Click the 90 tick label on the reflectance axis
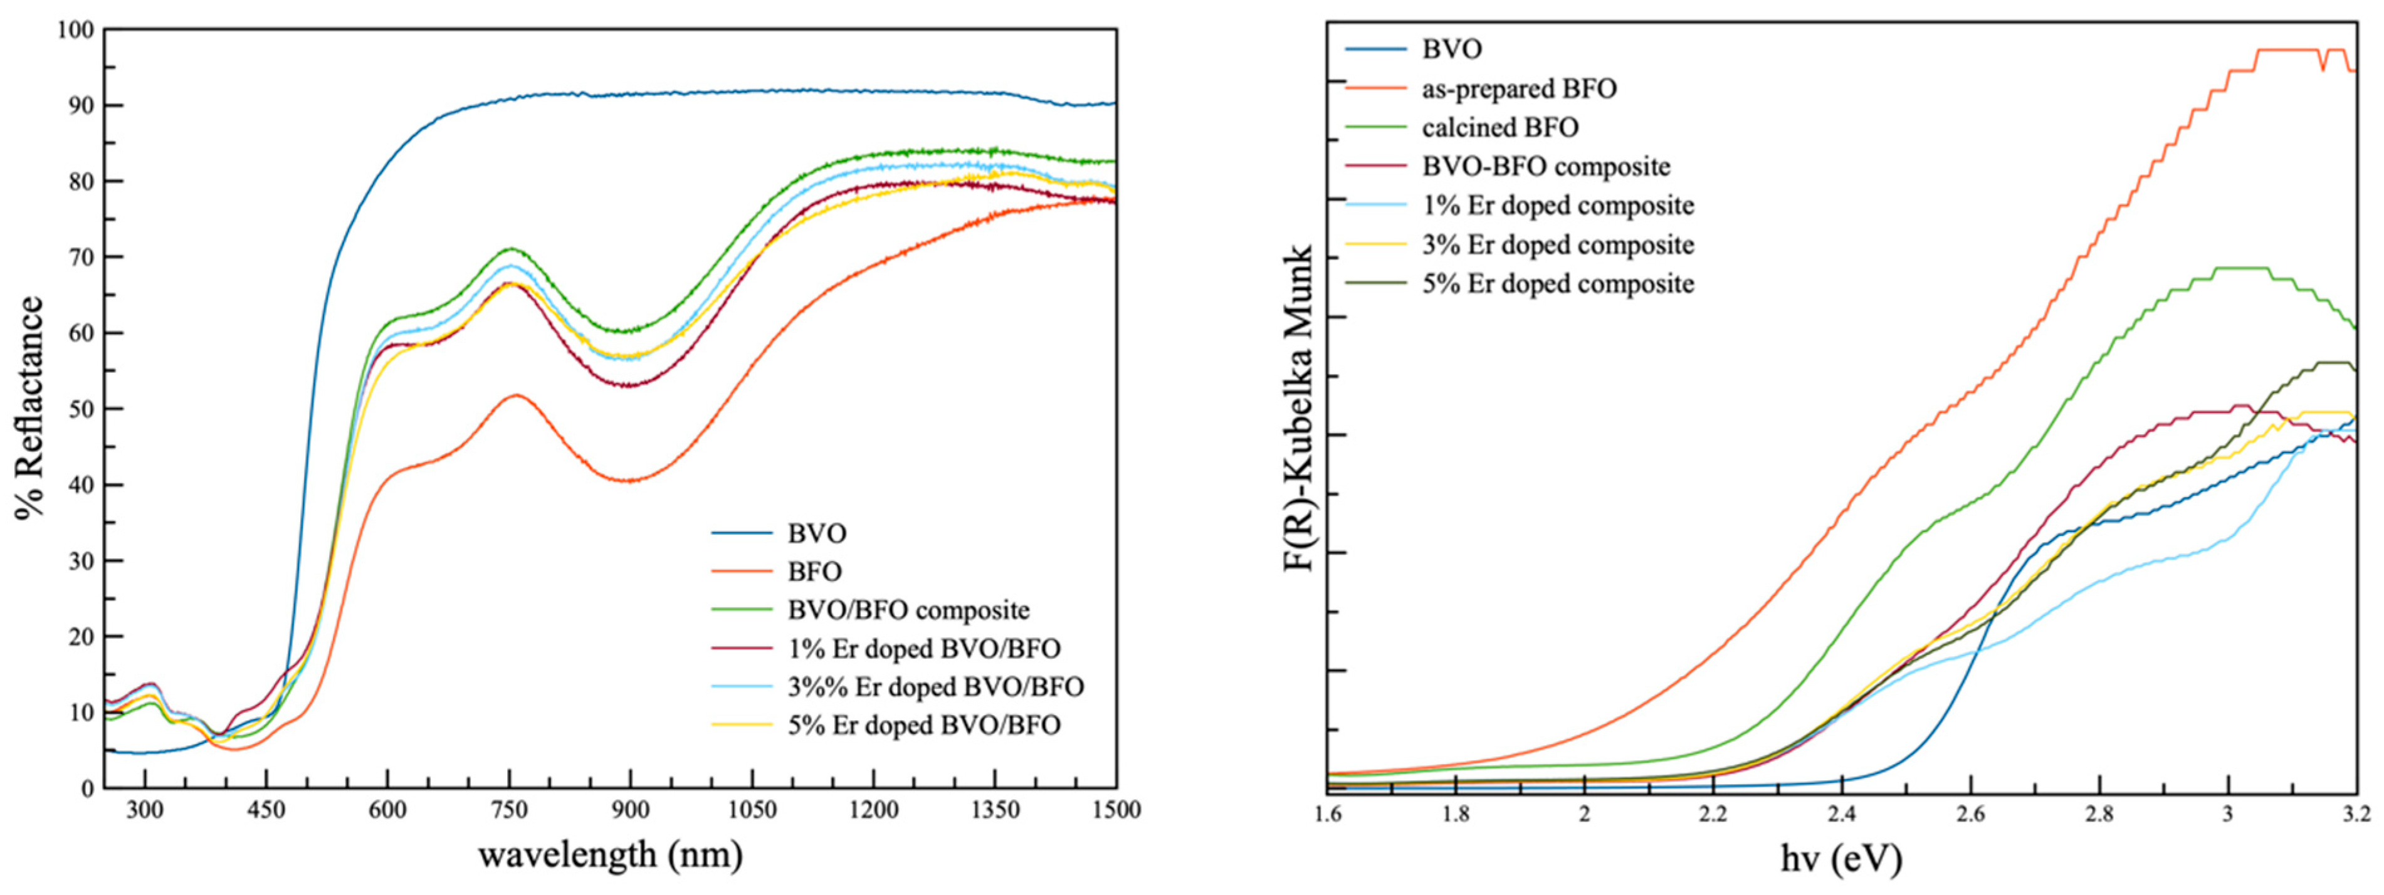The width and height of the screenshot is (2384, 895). tap(80, 105)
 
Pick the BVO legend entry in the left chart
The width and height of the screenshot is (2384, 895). tap(816, 533)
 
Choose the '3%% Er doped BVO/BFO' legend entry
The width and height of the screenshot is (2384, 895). tap(935, 687)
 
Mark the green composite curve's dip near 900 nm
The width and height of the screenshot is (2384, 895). tap(629, 330)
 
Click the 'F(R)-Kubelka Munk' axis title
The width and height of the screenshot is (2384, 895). tap(1300, 408)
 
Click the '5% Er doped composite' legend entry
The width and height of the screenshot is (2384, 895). tap(1558, 283)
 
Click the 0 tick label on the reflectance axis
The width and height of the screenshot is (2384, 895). tap(87, 788)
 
